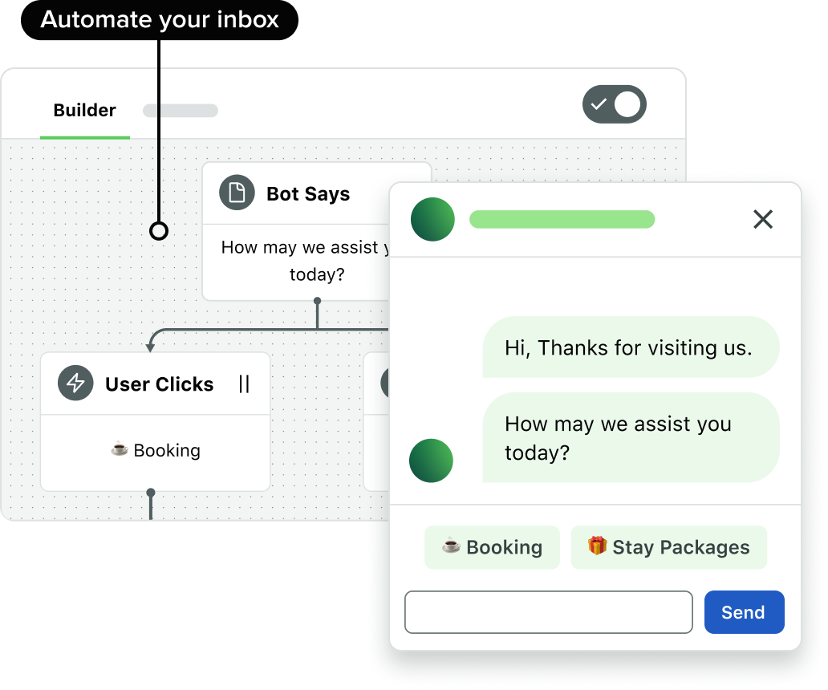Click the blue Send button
pyautogui.click(x=744, y=612)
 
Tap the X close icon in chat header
pyautogui.click(x=762, y=219)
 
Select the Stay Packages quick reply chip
pyautogui.click(x=668, y=547)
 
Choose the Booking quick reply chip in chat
pyautogui.click(x=492, y=547)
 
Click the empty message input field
pyautogui.click(x=548, y=612)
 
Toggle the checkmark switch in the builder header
pyautogui.click(x=614, y=104)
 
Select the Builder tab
pyautogui.click(x=84, y=111)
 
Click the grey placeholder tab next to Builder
pyautogui.click(x=181, y=111)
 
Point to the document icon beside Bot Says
pyautogui.click(x=237, y=193)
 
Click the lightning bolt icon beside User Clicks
pyautogui.click(x=75, y=384)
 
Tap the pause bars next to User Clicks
pyautogui.click(x=244, y=384)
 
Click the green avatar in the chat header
pyautogui.click(x=432, y=219)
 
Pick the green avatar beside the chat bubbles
pyautogui.click(x=431, y=461)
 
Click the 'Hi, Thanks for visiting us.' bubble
pyautogui.click(x=630, y=347)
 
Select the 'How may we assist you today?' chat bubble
pyautogui.click(x=630, y=437)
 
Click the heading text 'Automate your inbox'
pyautogui.click(x=160, y=20)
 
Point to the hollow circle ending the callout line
pyautogui.click(x=159, y=231)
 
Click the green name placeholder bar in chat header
pyautogui.click(x=562, y=219)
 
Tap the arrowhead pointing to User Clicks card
pyautogui.click(x=150, y=347)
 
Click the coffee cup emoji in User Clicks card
pyautogui.click(x=120, y=449)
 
